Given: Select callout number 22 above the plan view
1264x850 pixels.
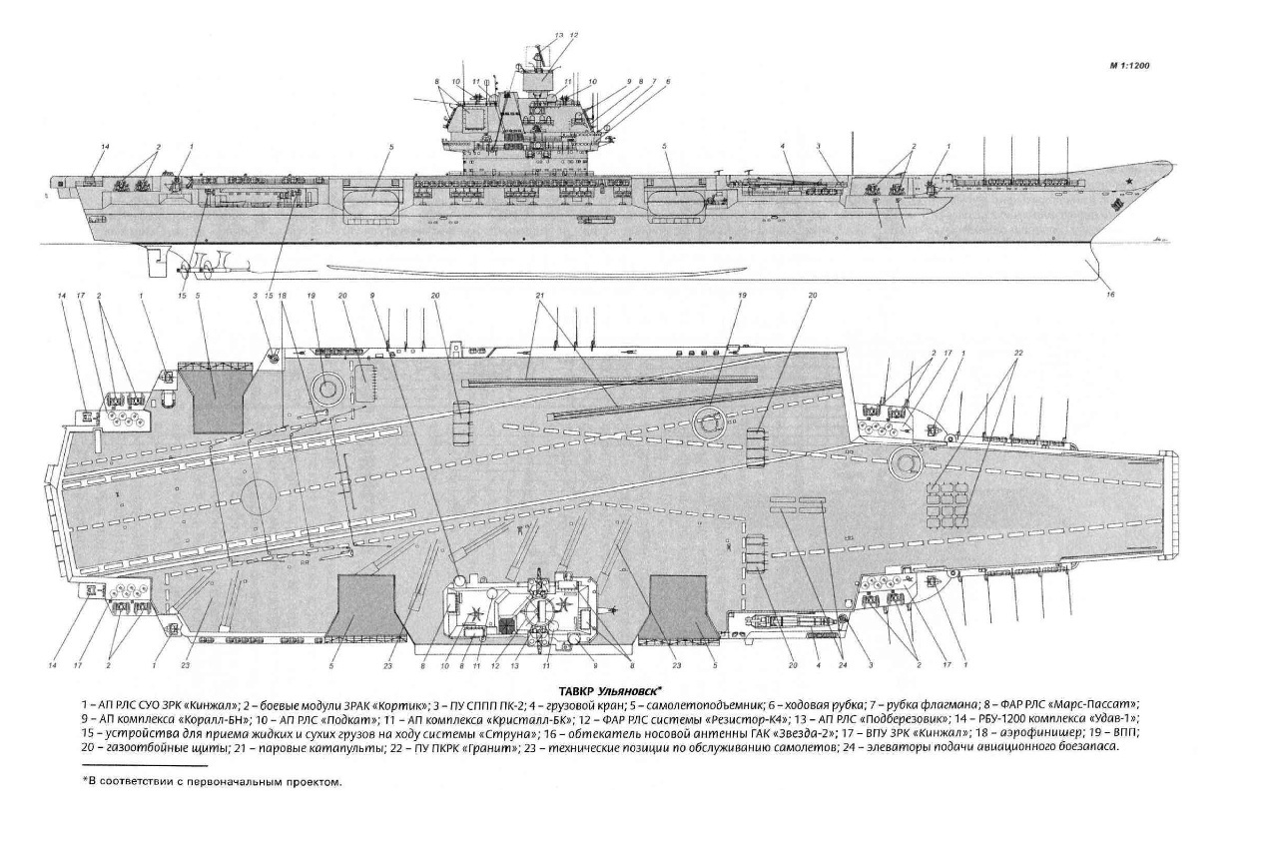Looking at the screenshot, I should [x=1017, y=354].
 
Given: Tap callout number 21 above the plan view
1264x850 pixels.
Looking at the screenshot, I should [x=539, y=297].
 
